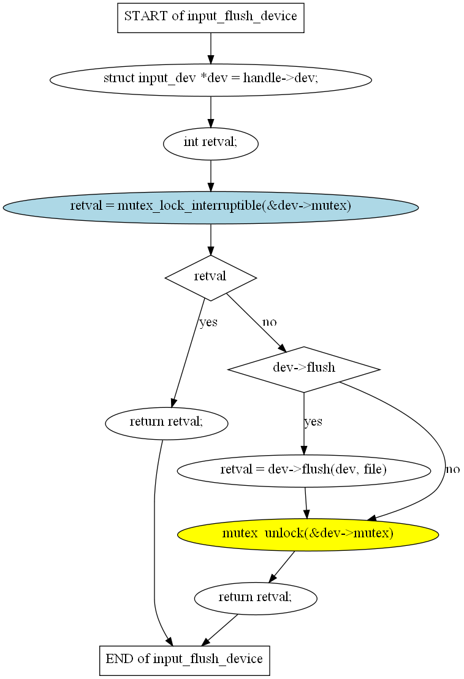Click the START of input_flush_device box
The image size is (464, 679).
click(210, 17)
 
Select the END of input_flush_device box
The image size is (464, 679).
click(184, 660)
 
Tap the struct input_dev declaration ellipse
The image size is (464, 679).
click(210, 79)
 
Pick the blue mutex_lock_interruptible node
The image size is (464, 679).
click(210, 207)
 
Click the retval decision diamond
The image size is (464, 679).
click(210, 277)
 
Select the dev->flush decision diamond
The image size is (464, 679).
click(303, 369)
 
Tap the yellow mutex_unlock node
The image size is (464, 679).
click(308, 534)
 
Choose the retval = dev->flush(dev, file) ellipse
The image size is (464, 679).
click(303, 470)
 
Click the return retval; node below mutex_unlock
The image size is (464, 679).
click(255, 597)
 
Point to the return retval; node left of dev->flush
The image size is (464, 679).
click(166, 423)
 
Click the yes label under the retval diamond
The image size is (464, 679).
click(208, 322)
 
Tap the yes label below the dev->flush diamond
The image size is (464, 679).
click(313, 422)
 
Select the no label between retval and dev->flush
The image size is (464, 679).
click(270, 322)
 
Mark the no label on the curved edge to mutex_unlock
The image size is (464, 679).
click(452, 470)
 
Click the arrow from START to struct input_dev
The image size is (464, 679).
click(210, 47)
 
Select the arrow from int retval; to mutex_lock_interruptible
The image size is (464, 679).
click(210, 175)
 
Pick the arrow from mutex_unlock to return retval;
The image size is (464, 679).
click(282, 566)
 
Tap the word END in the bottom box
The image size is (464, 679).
click(118, 660)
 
